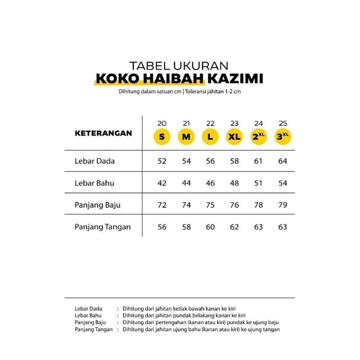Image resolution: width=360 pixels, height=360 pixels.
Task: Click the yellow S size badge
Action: [x=162, y=137]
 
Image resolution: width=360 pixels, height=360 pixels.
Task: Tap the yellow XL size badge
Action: [x=235, y=137]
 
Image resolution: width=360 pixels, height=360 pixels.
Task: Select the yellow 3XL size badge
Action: [x=283, y=137]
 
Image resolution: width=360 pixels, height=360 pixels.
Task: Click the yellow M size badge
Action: [x=186, y=137]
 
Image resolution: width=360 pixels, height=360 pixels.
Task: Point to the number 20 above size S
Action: [x=162, y=123]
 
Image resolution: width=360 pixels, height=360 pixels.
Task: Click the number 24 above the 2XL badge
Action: [x=259, y=123]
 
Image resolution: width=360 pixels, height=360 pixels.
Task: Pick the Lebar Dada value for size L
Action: [x=210, y=161]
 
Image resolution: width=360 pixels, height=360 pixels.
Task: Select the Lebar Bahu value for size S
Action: [x=162, y=183]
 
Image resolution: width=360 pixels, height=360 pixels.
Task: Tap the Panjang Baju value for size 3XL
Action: [x=283, y=205]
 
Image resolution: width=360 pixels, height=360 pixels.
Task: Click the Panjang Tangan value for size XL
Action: [x=235, y=227]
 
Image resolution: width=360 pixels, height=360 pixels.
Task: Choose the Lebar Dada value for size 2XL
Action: [x=259, y=161]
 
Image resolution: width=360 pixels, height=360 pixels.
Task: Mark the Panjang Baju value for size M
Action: [x=186, y=205]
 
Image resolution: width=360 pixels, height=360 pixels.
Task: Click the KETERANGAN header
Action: [x=103, y=133]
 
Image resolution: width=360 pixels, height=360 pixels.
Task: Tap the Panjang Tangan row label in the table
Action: [x=103, y=227]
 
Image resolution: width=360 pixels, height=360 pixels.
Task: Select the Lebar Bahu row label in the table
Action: [x=94, y=183]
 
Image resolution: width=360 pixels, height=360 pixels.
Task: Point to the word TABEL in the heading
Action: [x=147, y=65]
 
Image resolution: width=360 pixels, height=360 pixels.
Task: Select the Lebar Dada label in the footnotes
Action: [x=88, y=308]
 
